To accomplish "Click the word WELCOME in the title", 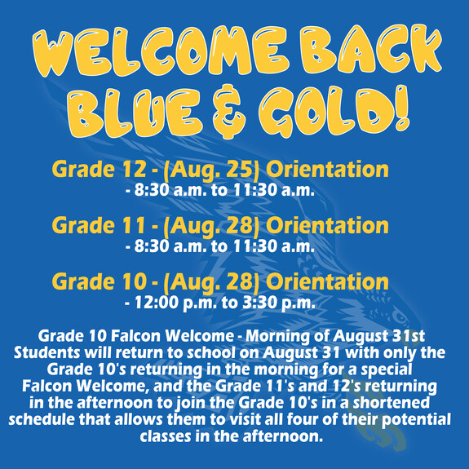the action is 161,51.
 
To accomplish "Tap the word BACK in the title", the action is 371,50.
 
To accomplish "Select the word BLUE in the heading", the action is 135,113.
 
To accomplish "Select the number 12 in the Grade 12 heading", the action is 134,170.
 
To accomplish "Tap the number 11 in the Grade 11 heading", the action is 134,225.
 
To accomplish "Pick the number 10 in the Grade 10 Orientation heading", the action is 134,281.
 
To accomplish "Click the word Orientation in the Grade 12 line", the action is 327,170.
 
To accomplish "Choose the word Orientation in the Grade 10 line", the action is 327,281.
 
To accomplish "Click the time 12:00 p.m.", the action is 175,303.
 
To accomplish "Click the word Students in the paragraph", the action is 46,352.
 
